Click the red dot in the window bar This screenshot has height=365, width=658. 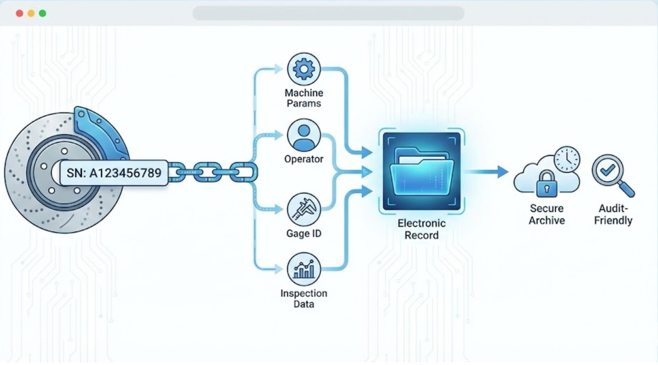point(19,13)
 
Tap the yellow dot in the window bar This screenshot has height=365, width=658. point(31,13)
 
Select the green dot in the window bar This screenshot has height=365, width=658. point(42,13)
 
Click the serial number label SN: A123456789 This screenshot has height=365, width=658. point(114,173)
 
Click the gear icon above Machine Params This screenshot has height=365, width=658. point(304,69)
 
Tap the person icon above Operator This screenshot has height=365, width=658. point(304,135)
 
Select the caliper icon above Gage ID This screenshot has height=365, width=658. point(304,209)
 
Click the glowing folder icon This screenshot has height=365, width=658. point(422,172)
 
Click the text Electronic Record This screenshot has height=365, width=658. point(422,229)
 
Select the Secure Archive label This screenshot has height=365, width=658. point(546,214)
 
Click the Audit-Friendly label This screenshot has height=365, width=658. point(613,214)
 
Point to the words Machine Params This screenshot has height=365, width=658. point(304,98)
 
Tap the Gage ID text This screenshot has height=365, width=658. point(304,234)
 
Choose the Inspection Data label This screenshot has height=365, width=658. point(304,299)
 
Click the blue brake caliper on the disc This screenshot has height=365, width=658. point(99,132)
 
